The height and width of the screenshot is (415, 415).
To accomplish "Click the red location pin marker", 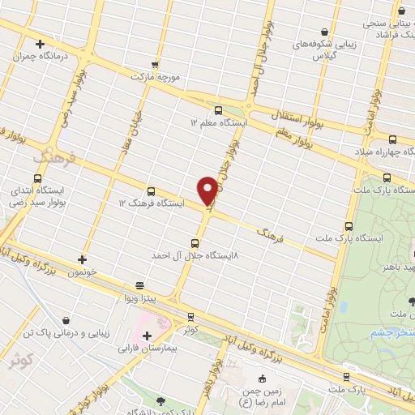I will [x=207, y=190].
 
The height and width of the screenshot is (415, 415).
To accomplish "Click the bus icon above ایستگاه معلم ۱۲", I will [x=217, y=110].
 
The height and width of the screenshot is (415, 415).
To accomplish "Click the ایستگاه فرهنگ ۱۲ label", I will [x=152, y=203].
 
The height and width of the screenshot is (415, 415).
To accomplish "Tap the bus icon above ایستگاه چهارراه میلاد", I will [x=383, y=139].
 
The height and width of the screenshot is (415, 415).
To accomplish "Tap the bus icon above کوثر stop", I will [x=190, y=316].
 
